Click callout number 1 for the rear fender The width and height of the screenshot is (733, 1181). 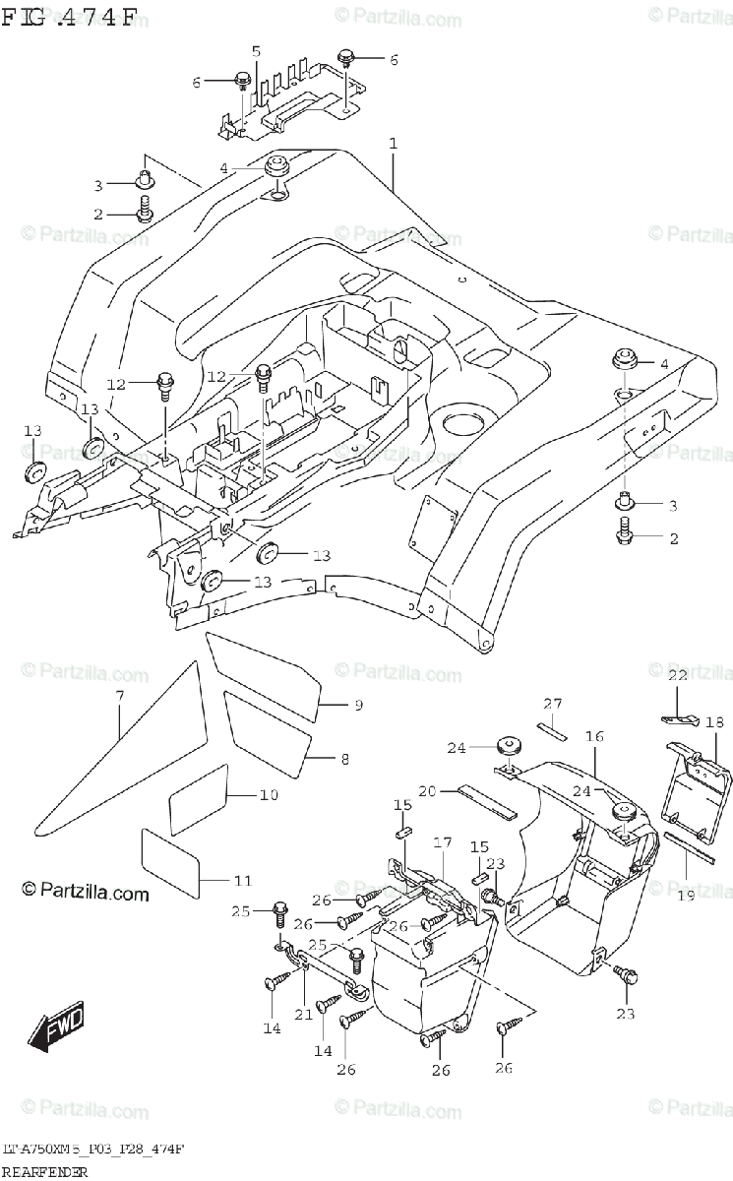coord(393,145)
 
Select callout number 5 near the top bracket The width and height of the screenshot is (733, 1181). coord(256,51)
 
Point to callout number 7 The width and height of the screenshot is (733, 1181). coord(119,697)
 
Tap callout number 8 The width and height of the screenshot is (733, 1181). coord(344,759)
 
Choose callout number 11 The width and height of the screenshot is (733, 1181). coord(243,880)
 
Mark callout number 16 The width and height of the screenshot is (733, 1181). coord(594,735)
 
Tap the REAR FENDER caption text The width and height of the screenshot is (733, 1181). coord(45,1171)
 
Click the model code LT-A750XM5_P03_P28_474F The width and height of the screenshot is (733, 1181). coord(94,1150)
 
